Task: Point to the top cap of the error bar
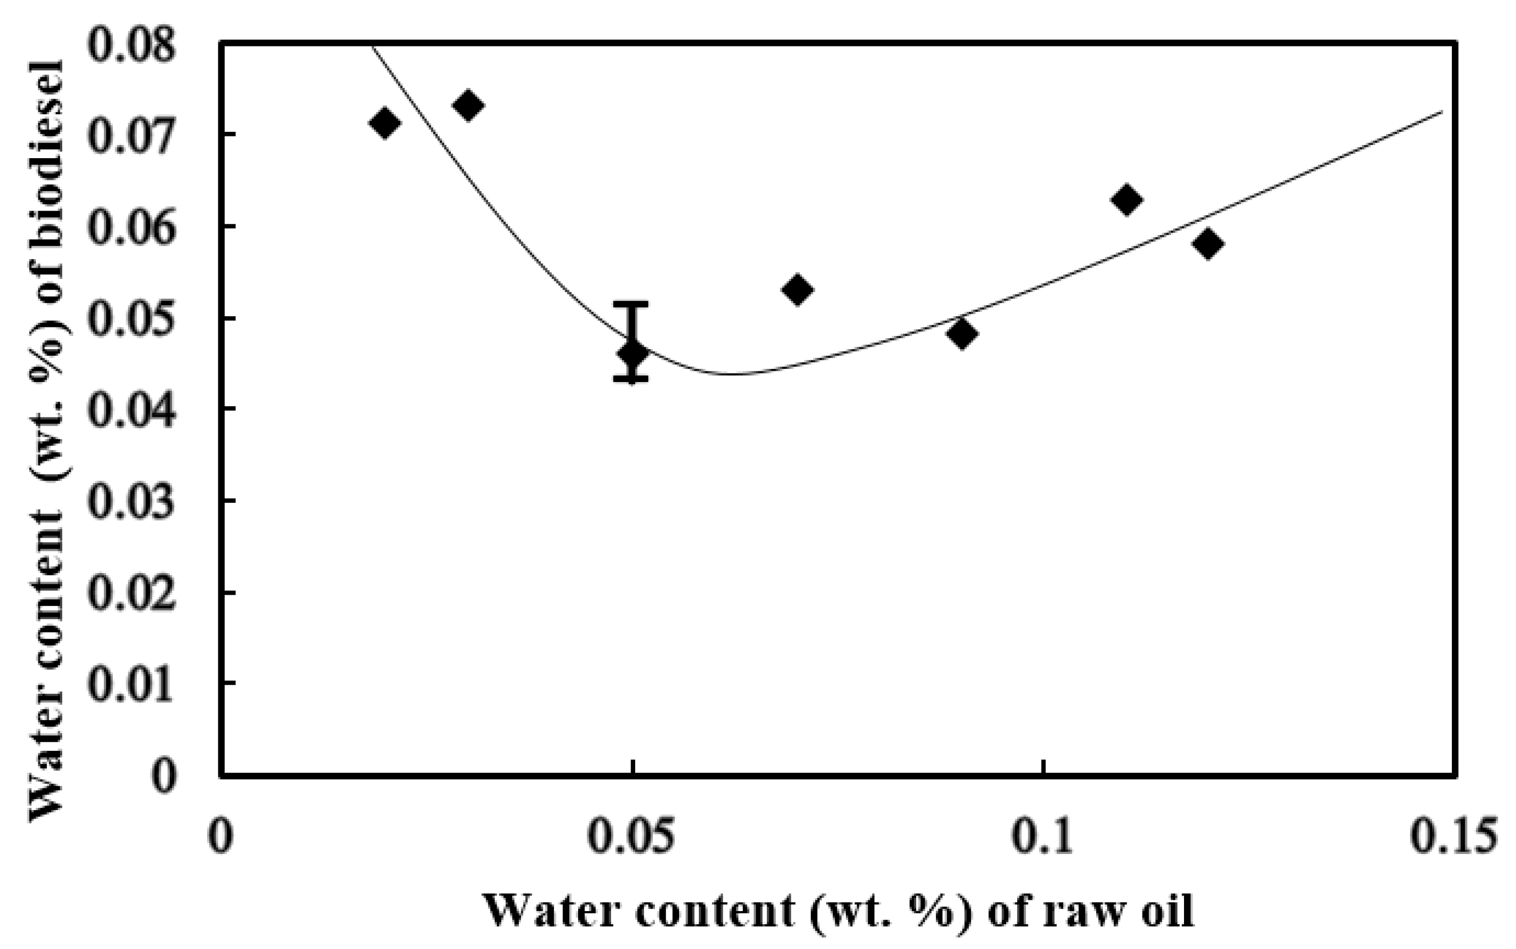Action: (x=631, y=303)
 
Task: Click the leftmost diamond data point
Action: (x=385, y=122)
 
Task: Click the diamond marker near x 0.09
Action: (x=961, y=334)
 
